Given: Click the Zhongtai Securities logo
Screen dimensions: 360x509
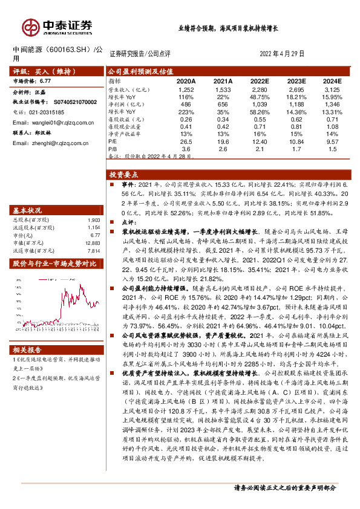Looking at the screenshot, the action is tap(57, 26).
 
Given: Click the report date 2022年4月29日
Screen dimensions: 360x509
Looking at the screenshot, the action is tap(281, 53).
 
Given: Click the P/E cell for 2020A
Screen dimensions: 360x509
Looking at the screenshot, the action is tap(186, 141).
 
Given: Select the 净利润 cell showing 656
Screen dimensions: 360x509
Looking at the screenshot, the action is tap(223, 105).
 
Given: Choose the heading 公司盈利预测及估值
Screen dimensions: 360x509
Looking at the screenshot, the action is tap(140, 71).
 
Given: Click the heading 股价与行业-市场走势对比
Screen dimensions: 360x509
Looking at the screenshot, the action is tap(55, 264).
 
